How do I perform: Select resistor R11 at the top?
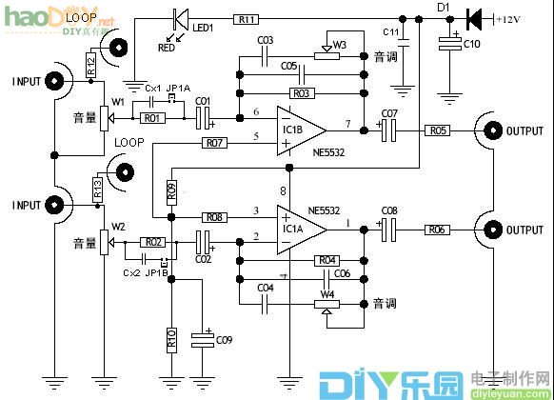(x=247, y=19)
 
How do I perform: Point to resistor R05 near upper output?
(x=436, y=130)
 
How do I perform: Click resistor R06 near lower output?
(x=436, y=229)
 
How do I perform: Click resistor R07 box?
(x=214, y=143)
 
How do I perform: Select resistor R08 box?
(x=214, y=217)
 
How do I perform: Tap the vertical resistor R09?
(x=171, y=190)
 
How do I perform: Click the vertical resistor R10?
(x=171, y=339)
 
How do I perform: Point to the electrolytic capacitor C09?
(x=203, y=337)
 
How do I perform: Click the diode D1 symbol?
(x=473, y=19)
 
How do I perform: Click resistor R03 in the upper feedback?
(x=302, y=93)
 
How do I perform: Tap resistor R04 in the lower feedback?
(x=327, y=260)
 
